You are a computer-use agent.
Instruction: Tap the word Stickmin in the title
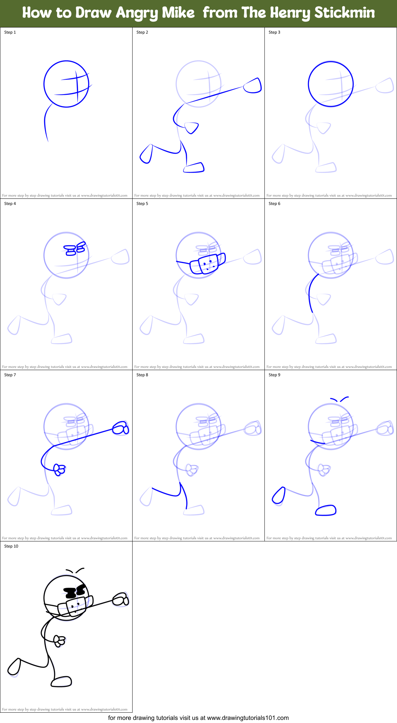click(344, 13)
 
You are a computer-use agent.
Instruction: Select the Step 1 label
click(10, 32)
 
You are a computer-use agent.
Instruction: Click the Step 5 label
click(142, 204)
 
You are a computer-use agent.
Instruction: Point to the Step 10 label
click(11, 546)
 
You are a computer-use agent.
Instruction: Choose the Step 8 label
click(142, 375)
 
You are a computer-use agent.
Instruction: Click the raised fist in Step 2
click(253, 86)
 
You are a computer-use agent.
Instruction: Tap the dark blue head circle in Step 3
click(330, 62)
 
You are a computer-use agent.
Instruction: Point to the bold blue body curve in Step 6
click(310, 292)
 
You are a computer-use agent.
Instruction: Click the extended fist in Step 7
click(121, 428)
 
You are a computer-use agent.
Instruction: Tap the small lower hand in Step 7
click(59, 469)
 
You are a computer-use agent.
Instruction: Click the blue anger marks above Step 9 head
click(339, 399)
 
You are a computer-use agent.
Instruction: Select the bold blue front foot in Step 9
click(326, 510)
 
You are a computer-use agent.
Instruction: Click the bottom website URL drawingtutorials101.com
click(248, 718)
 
